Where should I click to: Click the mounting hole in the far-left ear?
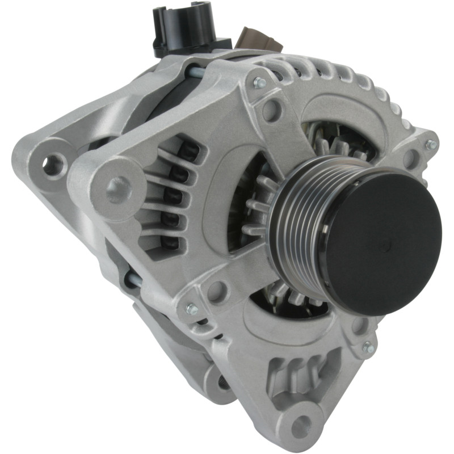pyautogui.click(x=53, y=165)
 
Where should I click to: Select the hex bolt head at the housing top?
pyautogui.click(x=260, y=83)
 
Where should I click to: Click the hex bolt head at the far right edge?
pyautogui.click(x=431, y=144)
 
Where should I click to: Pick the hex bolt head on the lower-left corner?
pyautogui.click(x=192, y=309)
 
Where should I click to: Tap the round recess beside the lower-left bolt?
pyautogui.click(x=216, y=291)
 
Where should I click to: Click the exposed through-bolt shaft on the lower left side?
pyautogui.click(x=133, y=278)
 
